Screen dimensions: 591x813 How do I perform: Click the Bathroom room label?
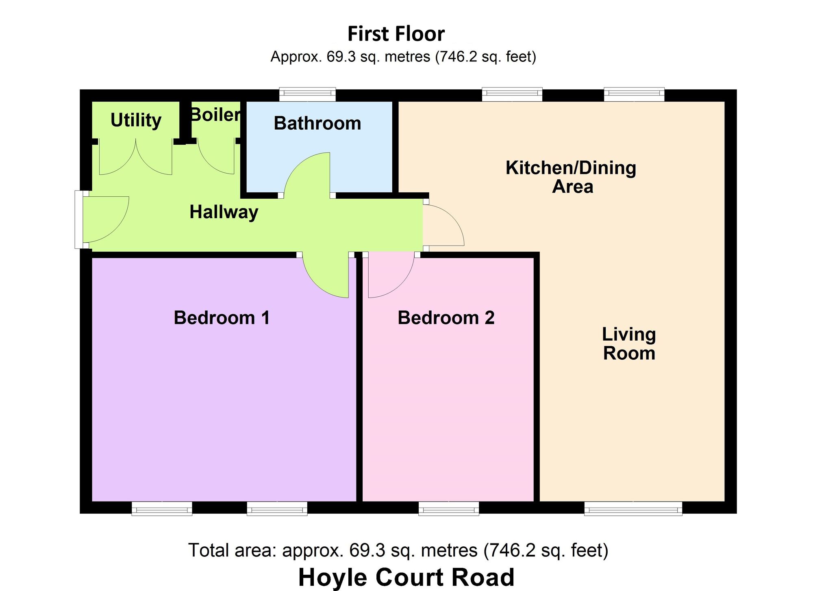coord(317,123)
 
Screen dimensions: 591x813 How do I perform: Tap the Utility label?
coord(136,120)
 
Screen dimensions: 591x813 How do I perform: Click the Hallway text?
coord(224,212)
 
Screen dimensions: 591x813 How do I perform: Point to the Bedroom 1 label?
coord(222,317)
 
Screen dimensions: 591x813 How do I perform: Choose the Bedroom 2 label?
coord(446,317)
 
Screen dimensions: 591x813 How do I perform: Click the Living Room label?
coord(629,343)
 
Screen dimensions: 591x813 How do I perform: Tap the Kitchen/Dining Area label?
coord(571,177)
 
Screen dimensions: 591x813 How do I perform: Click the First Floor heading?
coord(396,34)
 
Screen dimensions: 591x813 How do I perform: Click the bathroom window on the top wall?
coord(308,94)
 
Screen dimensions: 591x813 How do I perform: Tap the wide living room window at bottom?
coord(633,508)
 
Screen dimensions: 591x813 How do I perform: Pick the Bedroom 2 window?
coord(449,508)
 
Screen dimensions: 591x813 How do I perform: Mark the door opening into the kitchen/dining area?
coord(443,226)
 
